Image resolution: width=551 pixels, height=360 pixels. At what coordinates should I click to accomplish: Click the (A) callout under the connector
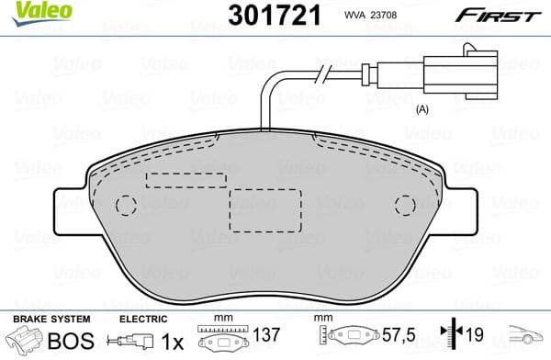(423, 109)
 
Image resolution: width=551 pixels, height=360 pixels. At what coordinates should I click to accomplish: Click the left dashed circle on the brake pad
(126, 207)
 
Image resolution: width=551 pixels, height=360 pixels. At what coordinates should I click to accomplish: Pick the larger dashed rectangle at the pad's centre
(265, 210)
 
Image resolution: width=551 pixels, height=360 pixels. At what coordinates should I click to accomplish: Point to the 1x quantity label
(172, 341)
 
